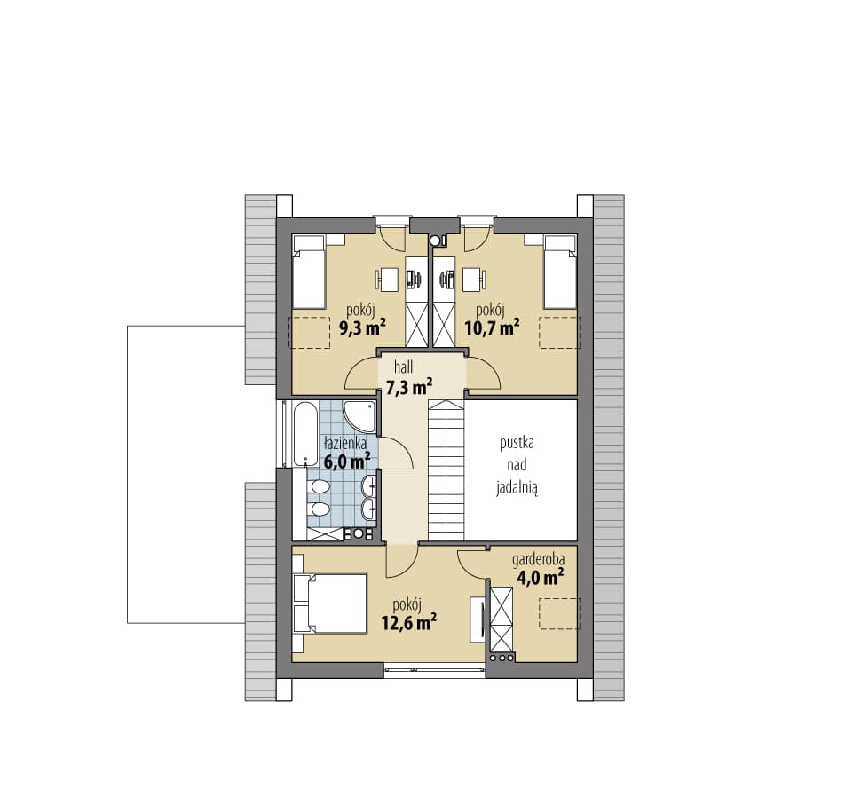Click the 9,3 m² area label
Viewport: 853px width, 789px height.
coord(363,327)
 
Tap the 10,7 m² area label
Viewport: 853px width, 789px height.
coord(492,327)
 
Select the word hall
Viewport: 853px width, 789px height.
coord(403,367)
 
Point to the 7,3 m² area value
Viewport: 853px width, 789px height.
coord(409,387)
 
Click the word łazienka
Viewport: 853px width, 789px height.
coord(345,443)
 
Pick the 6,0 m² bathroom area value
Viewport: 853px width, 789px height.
coord(348,462)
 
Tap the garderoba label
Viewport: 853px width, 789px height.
coord(538,559)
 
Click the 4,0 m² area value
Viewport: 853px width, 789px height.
coord(539,577)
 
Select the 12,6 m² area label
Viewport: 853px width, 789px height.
coord(409,621)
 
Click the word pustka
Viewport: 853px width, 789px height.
coord(517,443)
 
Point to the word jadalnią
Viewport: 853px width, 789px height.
coord(517,488)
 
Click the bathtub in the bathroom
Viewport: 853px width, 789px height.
coord(305,434)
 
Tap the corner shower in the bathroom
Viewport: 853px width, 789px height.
coord(359,417)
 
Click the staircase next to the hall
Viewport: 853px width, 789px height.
coord(446,469)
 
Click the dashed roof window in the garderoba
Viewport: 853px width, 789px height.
coord(560,613)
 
